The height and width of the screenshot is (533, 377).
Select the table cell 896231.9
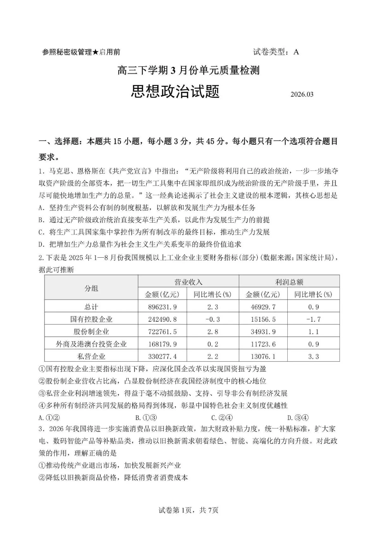point(162,307)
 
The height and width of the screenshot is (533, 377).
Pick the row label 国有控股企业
point(91,319)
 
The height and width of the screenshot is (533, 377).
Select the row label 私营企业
point(91,356)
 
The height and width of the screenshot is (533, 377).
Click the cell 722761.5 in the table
point(162,331)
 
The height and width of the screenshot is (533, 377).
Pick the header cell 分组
point(91,288)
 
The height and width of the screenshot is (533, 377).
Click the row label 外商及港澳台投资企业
point(91,344)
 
